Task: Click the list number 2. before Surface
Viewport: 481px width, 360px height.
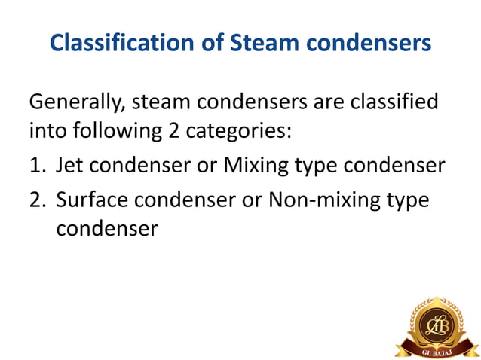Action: tap(38, 200)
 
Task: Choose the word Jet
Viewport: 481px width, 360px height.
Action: tap(70, 166)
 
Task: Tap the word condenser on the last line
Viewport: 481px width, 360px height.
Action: tap(106, 228)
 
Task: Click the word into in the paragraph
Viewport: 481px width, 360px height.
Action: tap(47, 130)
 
